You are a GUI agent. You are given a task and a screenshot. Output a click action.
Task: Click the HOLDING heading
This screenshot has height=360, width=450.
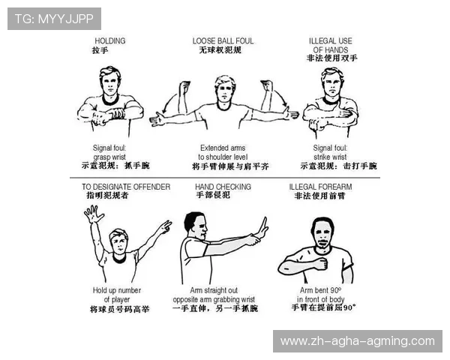point(110,40)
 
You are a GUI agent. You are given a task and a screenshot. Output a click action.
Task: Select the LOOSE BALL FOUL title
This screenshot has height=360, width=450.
point(223,40)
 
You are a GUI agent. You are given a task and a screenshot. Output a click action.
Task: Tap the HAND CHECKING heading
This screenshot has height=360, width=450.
point(223,187)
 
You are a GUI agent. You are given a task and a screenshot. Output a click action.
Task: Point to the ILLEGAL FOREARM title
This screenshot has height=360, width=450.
point(320,187)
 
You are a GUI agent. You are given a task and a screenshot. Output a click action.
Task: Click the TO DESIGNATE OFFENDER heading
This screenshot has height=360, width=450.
point(126,187)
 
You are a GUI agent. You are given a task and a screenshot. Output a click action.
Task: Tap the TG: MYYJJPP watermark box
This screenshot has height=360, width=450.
point(54,19)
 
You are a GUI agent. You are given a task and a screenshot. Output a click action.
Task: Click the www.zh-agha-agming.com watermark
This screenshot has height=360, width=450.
point(358,341)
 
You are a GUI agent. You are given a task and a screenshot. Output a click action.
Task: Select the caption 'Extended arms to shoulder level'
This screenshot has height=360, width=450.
point(223,152)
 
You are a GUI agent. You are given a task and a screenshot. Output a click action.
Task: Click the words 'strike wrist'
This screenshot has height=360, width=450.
point(330,157)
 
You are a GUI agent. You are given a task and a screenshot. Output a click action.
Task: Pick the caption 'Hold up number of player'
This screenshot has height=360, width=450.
point(117,295)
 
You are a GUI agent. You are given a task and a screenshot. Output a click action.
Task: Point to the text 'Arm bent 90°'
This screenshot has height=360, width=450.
point(320,290)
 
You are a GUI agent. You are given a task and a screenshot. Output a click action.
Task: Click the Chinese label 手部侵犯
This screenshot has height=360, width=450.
point(213,195)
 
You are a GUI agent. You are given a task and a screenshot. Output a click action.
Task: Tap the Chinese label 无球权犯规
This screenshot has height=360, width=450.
point(220,50)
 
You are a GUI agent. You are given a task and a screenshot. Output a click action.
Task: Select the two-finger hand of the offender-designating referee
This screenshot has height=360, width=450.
point(165,226)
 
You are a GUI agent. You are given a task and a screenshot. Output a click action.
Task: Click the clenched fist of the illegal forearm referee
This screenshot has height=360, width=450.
point(322,263)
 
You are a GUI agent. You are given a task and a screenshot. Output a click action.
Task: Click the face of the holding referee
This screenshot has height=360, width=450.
point(110,84)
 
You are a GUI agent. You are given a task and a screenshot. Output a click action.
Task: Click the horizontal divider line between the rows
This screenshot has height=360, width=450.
point(225,178)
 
